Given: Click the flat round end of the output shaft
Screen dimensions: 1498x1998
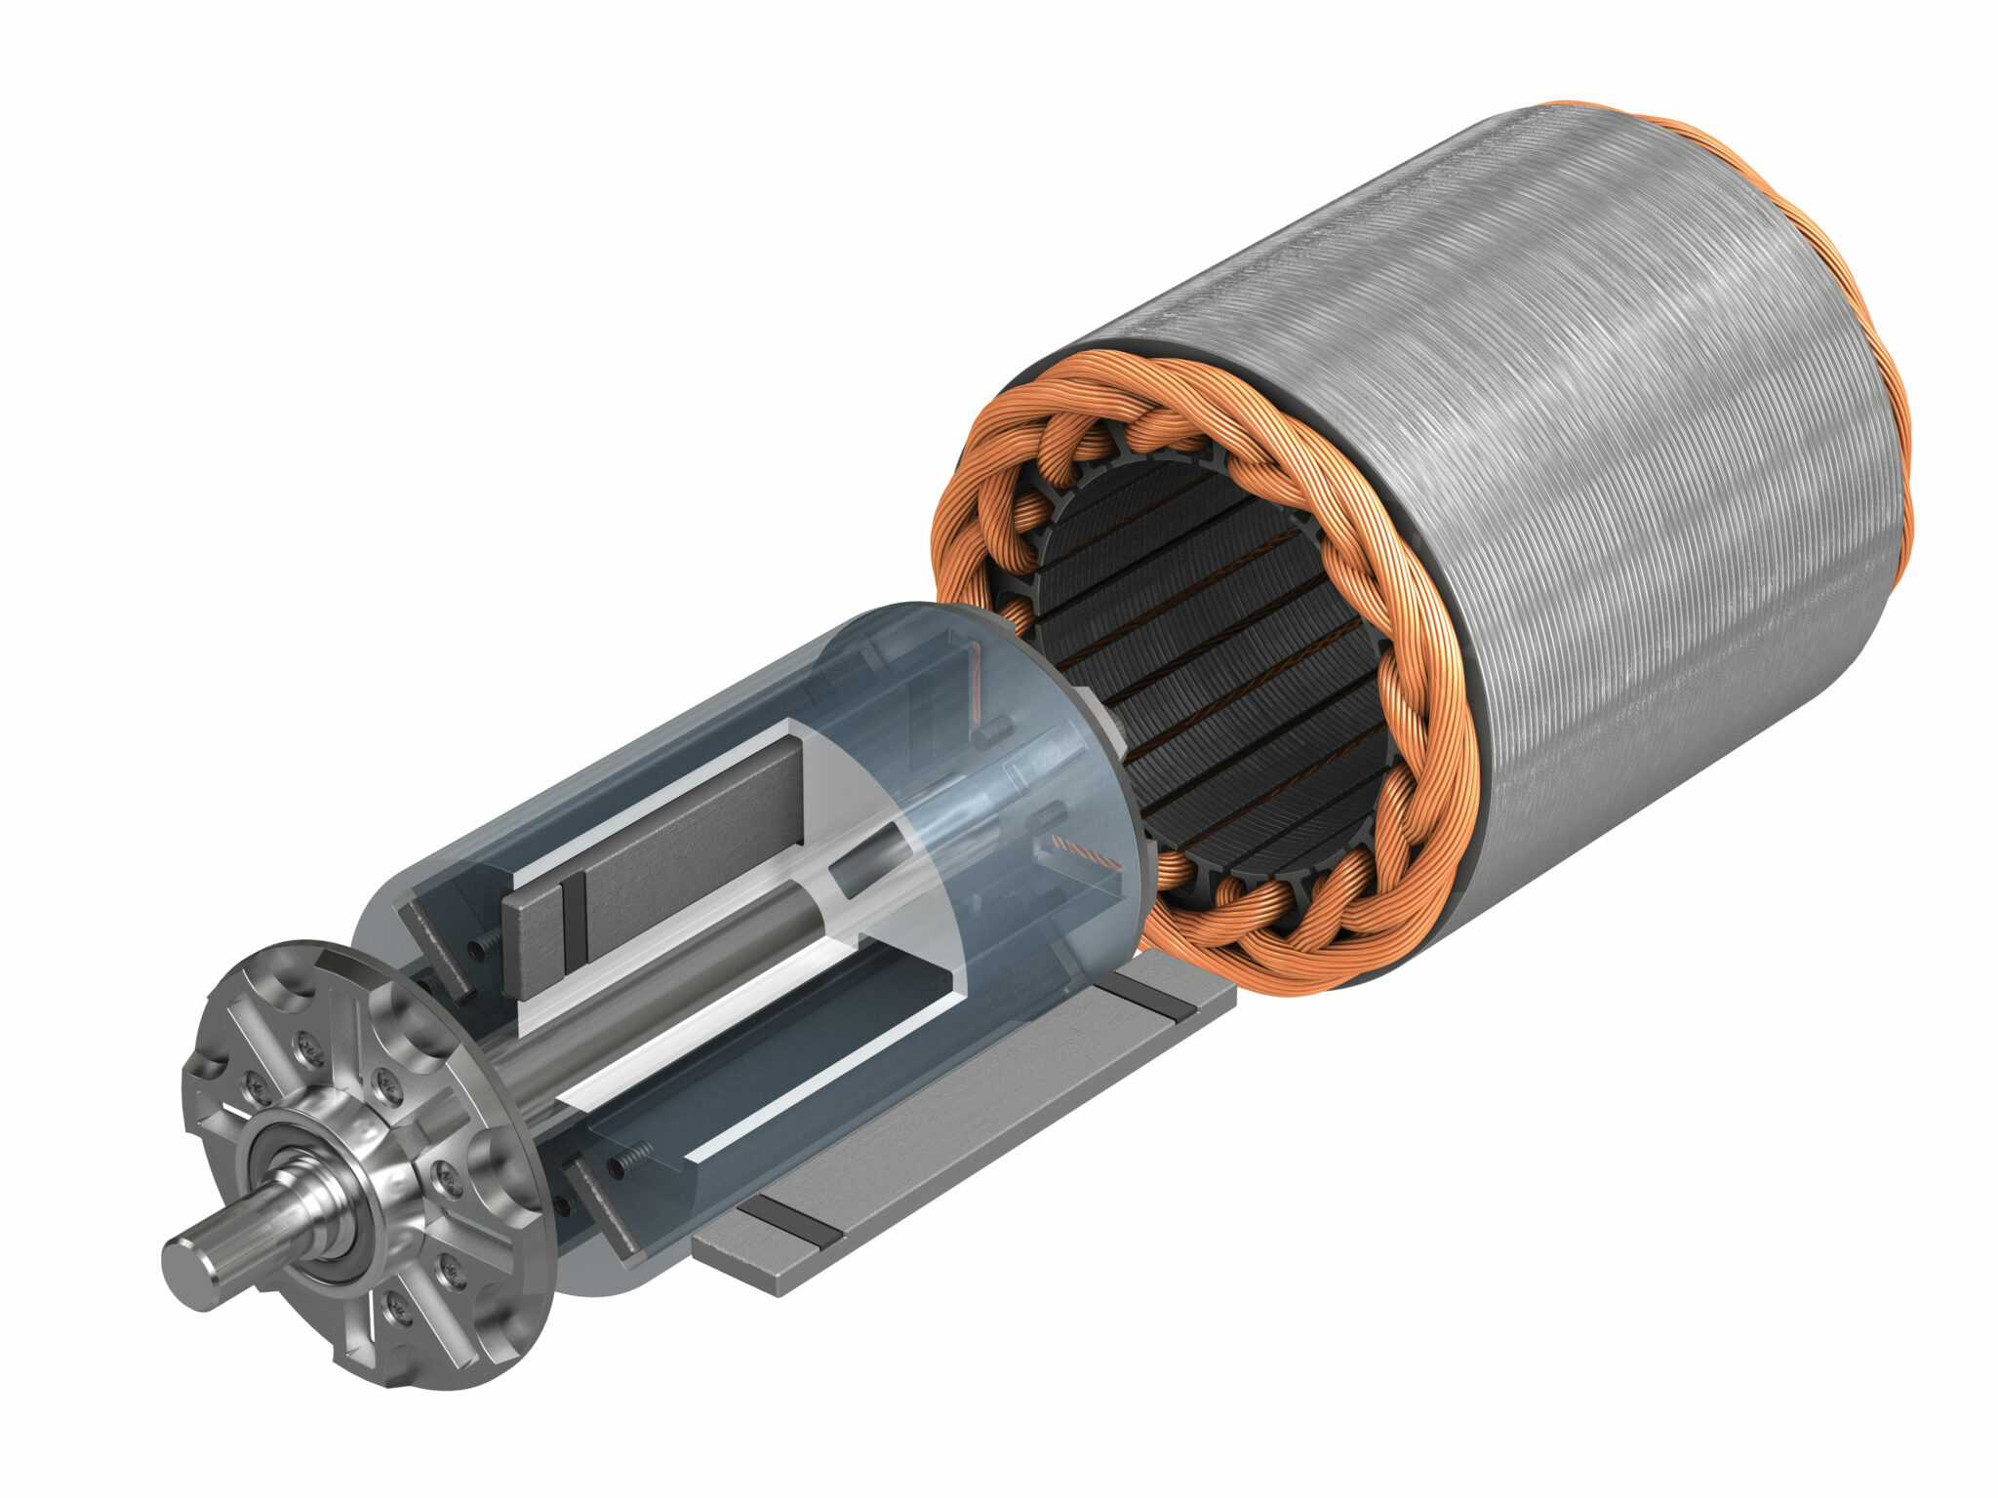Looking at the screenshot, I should [191, 1272].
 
